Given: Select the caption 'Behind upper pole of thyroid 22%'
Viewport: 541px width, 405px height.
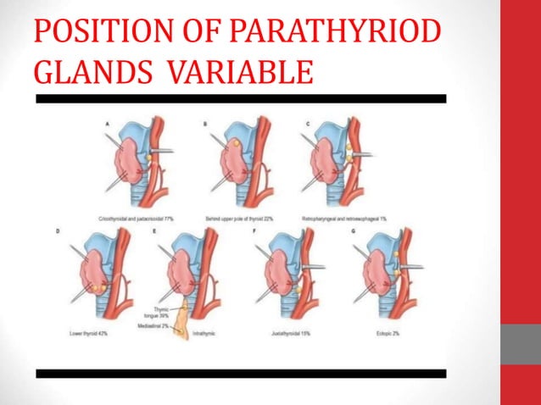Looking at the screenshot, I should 243,219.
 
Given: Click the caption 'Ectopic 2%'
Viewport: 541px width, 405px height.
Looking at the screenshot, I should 392,335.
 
